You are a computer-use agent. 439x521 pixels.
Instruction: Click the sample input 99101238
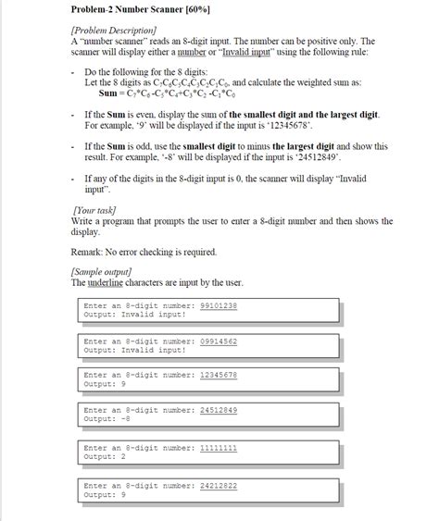click(x=219, y=304)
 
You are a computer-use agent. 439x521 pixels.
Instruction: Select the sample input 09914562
click(x=219, y=341)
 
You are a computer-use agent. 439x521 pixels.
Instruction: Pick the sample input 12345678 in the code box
click(x=219, y=374)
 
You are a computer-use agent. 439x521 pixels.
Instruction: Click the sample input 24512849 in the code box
click(x=219, y=410)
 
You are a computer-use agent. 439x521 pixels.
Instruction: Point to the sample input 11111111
click(x=219, y=446)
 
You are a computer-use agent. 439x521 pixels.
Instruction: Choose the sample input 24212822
click(x=219, y=483)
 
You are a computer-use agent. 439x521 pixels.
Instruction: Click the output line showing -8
click(x=107, y=418)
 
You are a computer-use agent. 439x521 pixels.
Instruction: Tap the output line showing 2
click(x=105, y=455)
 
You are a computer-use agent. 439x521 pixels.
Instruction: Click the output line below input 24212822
click(x=105, y=493)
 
